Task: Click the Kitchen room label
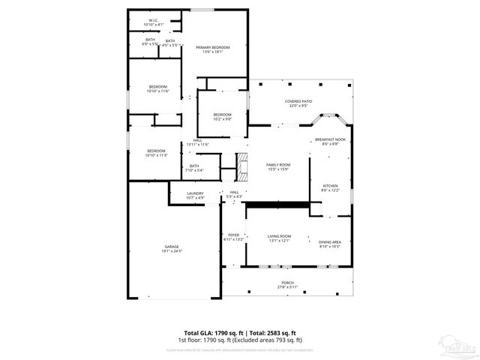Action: pyautogui.click(x=330, y=187)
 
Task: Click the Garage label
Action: pyautogui.click(x=172, y=248)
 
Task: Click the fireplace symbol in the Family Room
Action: pyautogui.click(x=241, y=166)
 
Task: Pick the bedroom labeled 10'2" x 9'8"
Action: pyautogui.click(x=222, y=116)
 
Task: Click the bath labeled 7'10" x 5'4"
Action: pyautogui.click(x=194, y=168)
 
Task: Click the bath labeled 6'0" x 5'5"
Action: pyautogui.click(x=150, y=42)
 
